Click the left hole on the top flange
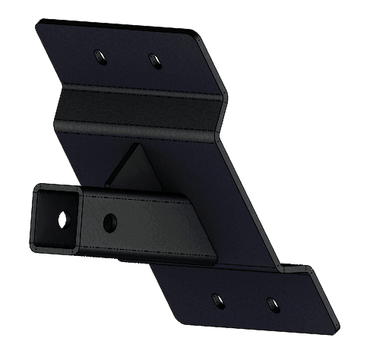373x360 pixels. (98, 55)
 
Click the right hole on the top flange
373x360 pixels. (153, 58)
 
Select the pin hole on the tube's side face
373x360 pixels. (109, 222)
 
